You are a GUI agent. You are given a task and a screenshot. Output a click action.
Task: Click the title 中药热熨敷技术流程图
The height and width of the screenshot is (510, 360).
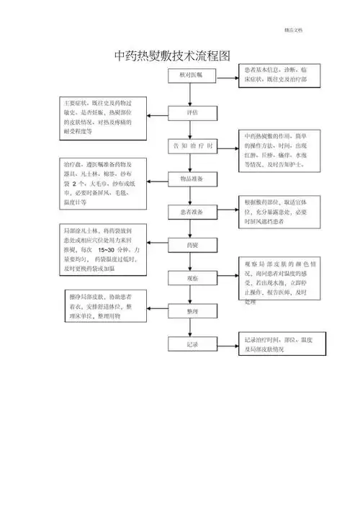click(x=174, y=55)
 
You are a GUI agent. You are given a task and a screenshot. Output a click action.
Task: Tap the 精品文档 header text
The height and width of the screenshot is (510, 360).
click(x=293, y=29)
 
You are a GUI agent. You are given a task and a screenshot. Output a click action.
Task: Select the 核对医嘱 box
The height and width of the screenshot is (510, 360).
click(x=192, y=75)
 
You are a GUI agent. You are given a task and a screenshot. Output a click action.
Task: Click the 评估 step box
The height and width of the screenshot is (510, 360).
click(x=192, y=112)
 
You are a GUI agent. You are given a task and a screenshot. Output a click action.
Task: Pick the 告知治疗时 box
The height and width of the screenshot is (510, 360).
click(x=192, y=146)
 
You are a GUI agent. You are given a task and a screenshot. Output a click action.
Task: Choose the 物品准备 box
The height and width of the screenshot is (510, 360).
click(x=192, y=178)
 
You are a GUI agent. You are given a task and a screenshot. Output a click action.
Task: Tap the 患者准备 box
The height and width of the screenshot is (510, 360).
click(x=192, y=212)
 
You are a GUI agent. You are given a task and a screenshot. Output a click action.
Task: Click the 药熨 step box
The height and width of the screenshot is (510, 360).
click(x=192, y=244)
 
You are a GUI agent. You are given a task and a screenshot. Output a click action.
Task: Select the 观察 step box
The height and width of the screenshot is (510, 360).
click(x=192, y=278)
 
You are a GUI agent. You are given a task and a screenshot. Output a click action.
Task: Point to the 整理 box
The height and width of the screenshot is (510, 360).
click(x=192, y=311)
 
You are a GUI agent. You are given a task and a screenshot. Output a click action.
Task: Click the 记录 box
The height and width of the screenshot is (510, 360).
click(x=192, y=345)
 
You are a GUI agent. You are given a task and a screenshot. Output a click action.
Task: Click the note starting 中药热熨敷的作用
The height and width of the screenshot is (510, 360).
click(x=274, y=151)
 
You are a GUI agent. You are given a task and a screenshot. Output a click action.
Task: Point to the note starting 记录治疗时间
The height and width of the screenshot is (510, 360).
click(x=274, y=344)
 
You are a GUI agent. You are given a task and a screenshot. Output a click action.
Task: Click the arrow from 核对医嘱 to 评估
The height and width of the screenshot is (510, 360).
click(x=192, y=94)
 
